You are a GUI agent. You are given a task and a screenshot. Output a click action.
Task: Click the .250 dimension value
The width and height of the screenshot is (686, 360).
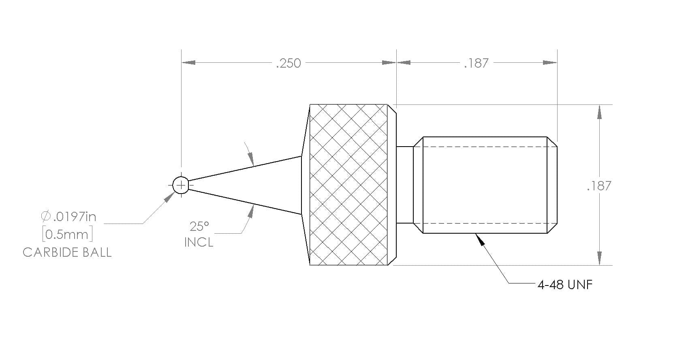(289, 63)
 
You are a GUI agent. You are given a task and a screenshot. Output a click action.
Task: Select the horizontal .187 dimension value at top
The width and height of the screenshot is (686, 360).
(476, 63)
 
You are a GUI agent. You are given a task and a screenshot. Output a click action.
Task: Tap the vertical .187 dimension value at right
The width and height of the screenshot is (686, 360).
(599, 186)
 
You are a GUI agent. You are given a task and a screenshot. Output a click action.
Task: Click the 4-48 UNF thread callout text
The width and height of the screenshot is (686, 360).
(565, 285)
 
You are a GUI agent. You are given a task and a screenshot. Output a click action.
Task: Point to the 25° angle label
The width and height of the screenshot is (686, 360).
(199, 226)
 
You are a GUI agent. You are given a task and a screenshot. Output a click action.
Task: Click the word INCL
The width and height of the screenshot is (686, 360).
(199, 243)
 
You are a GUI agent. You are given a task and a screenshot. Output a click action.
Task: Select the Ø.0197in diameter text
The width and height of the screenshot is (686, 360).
(68, 217)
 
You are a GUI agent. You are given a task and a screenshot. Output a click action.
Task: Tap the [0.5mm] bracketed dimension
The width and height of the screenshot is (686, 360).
(67, 234)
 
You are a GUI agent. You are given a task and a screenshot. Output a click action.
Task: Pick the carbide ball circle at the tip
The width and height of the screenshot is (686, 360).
(181, 177)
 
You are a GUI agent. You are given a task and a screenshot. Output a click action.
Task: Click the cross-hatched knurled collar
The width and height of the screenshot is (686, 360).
(348, 185)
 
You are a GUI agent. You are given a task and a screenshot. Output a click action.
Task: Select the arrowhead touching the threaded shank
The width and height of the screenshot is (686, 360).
(480, 240)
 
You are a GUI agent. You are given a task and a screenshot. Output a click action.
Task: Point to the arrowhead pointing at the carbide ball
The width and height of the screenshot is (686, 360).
(169, 197)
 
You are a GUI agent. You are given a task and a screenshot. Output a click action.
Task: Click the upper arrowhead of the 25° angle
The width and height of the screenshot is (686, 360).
(250, 159)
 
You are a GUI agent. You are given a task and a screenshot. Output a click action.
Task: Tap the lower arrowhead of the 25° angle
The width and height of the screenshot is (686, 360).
(251, 211)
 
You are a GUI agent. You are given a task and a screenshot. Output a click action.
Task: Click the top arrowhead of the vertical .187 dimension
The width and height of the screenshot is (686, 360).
(599, 112)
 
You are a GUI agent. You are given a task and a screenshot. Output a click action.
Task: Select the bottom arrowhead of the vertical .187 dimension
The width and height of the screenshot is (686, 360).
(599, 258)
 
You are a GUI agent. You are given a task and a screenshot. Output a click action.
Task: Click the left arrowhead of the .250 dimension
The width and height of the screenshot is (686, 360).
(188, 62)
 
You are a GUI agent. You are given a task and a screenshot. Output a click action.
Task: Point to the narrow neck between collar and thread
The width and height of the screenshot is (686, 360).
(405, 185)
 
